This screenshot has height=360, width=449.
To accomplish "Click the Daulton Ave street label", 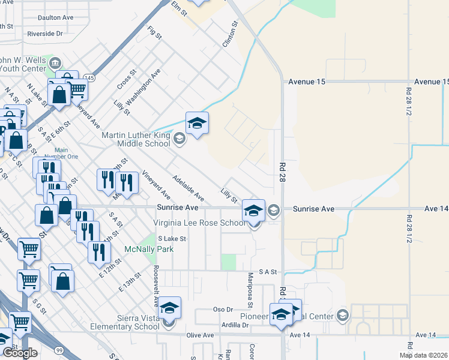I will pyautogui.click(x=55, y=18).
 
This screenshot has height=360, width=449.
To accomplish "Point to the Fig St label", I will pyautogui.click(x=155, y=32).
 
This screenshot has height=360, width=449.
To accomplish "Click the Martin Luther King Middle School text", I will pyautogui.click(x=136, y=139).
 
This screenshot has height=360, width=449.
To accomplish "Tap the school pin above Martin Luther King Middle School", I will pyautogui.click(x=197, y=124).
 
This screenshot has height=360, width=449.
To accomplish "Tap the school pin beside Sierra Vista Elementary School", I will pyautogui.click(x=170, y=310).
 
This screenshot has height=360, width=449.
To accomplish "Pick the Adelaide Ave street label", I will pyautogui.click(x=188, y=188).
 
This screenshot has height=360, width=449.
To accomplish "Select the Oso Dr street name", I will pyautogui.click(x=223, y=310).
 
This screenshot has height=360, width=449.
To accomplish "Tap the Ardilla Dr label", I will pyautogui.click(x=235, y=325).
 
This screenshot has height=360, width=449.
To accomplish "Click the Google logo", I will pyautogui.click(x=20, y=353).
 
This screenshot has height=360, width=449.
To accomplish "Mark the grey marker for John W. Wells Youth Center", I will pyautogui.click(x=55, y=62).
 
